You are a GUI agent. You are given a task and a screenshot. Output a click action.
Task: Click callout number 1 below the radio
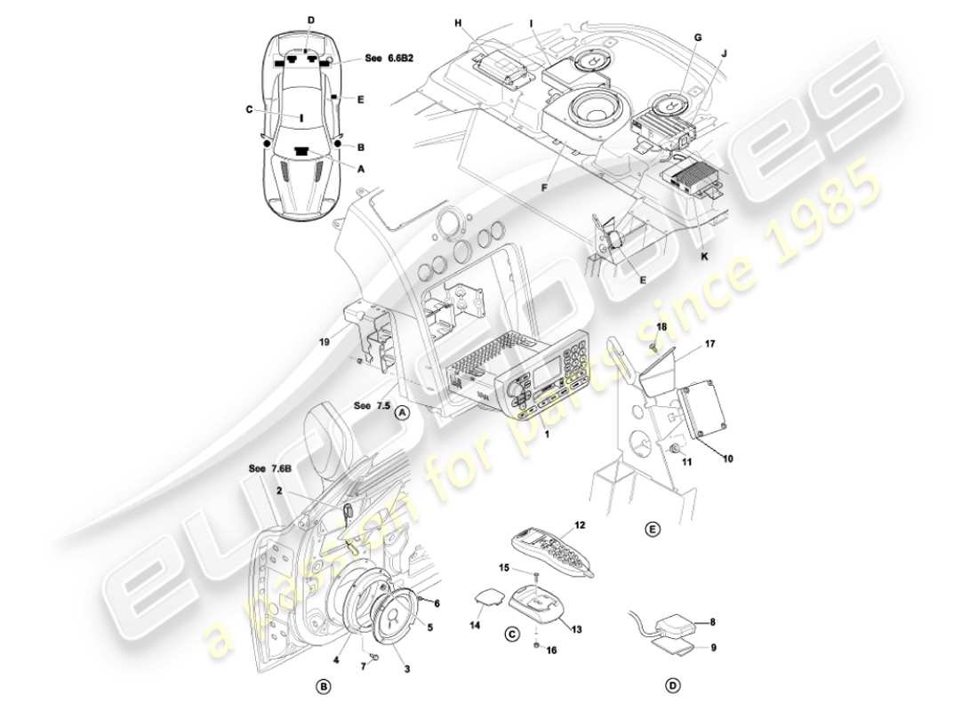point(546,435)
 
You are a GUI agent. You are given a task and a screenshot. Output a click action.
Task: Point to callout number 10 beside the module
point(728,459)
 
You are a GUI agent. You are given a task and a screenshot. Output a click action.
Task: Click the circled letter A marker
point(402,411)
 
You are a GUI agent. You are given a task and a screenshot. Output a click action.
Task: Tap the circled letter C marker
point(511,634)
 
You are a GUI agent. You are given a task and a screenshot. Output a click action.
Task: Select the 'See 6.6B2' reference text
point(389,59)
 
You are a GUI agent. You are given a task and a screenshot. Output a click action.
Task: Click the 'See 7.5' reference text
point(372,405)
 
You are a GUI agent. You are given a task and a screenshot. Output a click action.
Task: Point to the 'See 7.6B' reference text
point(271,468)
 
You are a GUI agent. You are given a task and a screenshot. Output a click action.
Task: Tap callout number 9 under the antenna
point(712,648)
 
